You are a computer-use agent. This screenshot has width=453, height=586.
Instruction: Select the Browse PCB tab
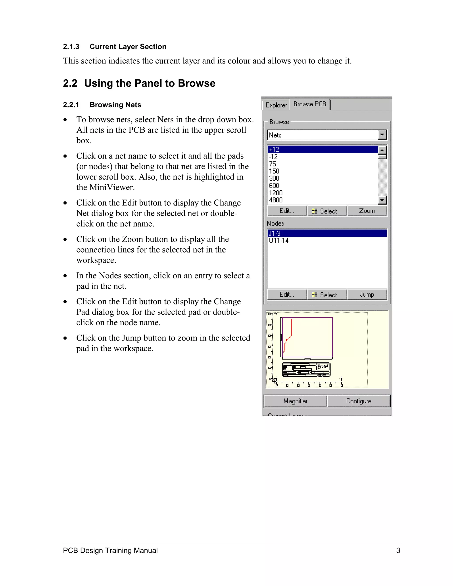309,104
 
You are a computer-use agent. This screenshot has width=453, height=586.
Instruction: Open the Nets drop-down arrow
382,135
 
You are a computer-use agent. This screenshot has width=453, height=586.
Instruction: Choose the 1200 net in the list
276,193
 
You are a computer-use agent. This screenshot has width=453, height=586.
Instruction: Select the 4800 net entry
276,200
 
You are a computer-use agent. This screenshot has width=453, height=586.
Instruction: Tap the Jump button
367,295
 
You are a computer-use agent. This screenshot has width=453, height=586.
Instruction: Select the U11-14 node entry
279,241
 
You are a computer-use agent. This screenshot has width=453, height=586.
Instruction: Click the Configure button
359,401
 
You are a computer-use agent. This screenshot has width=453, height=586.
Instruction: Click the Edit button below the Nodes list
287,295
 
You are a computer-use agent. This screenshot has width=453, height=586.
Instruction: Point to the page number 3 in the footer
398,551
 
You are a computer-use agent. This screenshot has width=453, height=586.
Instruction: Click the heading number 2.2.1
71,105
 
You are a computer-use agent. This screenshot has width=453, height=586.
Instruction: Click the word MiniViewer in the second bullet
112,187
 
